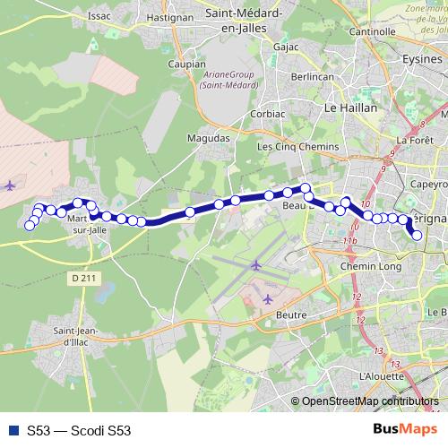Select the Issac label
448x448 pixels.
click(99, 16)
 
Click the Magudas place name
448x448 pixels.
click(208, 138)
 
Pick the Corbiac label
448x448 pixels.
click(269, 114)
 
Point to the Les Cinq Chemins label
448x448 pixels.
click(298, 146)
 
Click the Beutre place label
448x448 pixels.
click(292, 314)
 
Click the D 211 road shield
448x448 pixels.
click(82, 280)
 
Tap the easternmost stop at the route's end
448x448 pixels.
click(417, 236)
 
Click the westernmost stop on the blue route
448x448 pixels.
click(29, 225)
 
